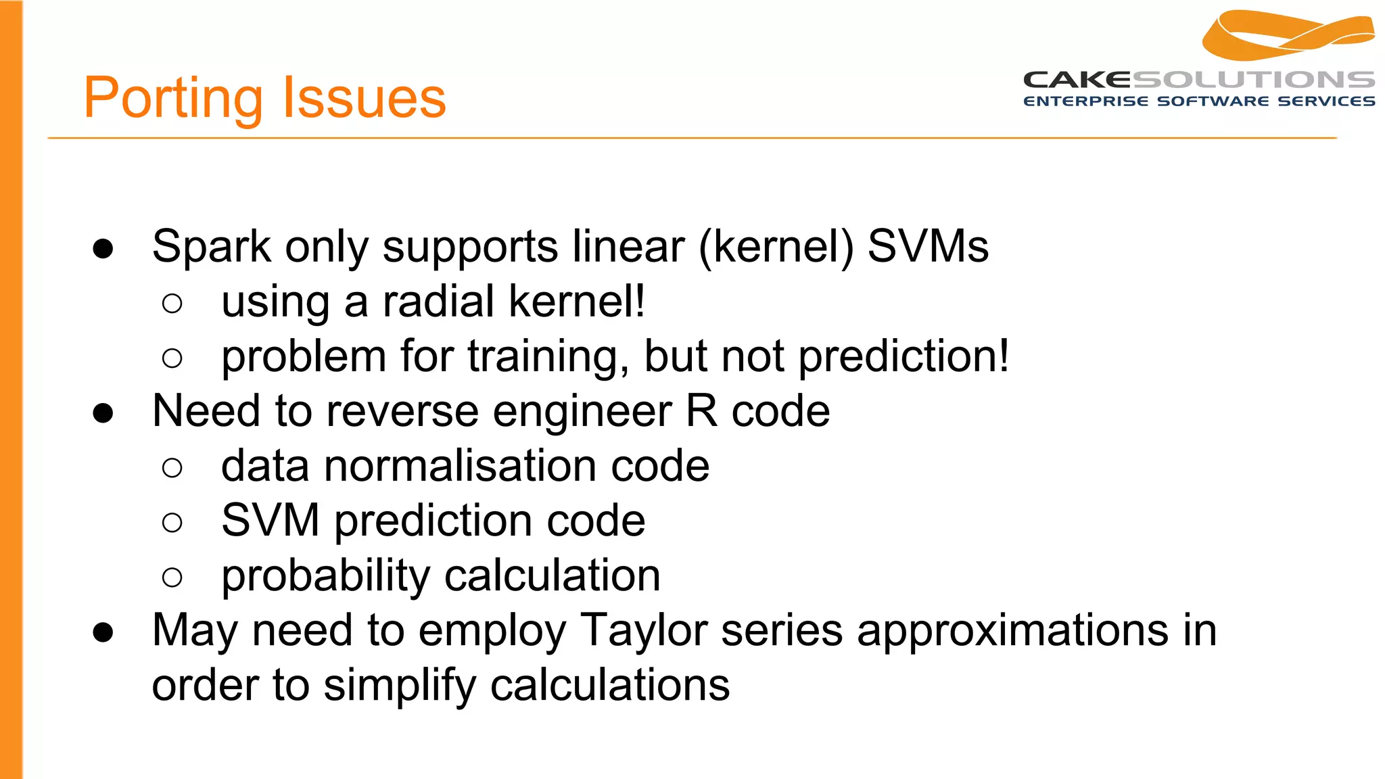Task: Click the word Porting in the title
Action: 172,99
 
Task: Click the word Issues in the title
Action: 363,99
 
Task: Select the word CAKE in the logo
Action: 1077,80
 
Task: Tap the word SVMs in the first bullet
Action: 928,247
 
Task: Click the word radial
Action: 438,302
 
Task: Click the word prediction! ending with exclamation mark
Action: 903,356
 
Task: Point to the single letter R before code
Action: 702,411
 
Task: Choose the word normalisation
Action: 460,466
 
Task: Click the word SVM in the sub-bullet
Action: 271,521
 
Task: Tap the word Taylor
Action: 643,631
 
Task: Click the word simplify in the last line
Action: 400,686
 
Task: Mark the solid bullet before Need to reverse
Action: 103,412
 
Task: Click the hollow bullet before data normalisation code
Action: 172,467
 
